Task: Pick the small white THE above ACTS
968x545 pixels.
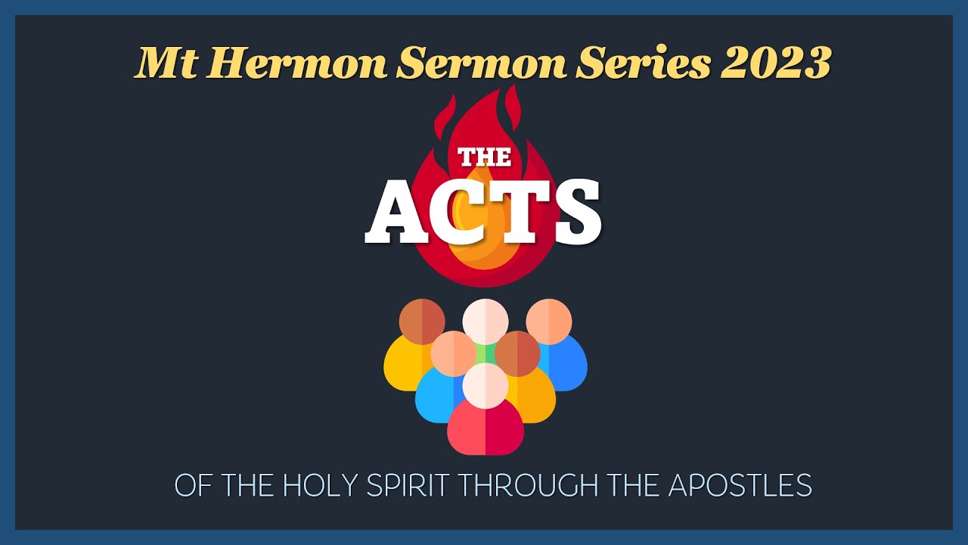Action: coord(485,157)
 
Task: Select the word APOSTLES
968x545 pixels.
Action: coord(740,485)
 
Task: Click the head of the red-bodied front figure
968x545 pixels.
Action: coord(485,385)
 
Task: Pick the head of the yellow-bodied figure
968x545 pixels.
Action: coord(422,321)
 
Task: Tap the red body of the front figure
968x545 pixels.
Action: coord(485,430)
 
